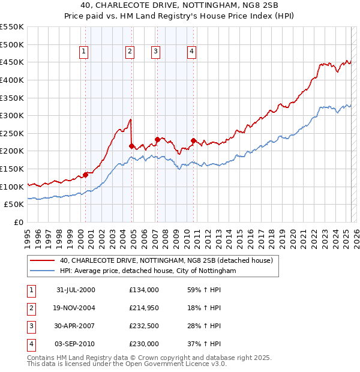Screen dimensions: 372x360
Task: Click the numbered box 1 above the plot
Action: (83, 52)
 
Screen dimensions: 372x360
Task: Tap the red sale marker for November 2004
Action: (131, 146)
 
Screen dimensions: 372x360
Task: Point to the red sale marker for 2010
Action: (193, 140)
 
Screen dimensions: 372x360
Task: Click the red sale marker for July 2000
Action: (86, 175)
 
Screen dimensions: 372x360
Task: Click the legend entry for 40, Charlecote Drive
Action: (166, 260)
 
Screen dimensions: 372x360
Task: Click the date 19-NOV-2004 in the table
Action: (76, 308)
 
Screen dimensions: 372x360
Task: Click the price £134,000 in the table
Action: (144, 290)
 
